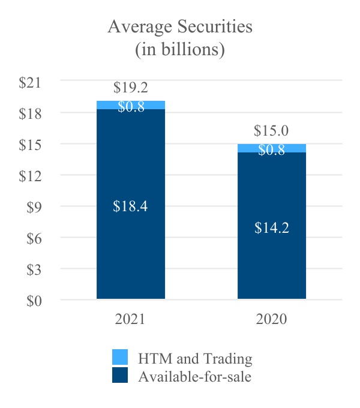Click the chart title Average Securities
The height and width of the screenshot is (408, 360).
point(179,27)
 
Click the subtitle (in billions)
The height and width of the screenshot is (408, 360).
point(179,49)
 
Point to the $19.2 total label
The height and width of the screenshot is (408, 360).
point(131,88)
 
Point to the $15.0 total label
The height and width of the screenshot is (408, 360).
point(272,131)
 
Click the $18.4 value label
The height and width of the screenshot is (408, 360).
point(131,206)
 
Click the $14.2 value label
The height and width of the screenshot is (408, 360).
point(272,228)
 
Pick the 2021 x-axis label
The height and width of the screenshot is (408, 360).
point(131,319)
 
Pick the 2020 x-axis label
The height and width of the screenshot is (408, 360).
point(272,319)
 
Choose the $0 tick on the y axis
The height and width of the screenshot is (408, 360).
point(34,301)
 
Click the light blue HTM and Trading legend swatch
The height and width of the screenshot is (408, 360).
point(120,358)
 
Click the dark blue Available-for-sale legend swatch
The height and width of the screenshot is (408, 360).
point(120,376)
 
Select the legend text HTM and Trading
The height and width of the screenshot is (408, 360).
point(195,359)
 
